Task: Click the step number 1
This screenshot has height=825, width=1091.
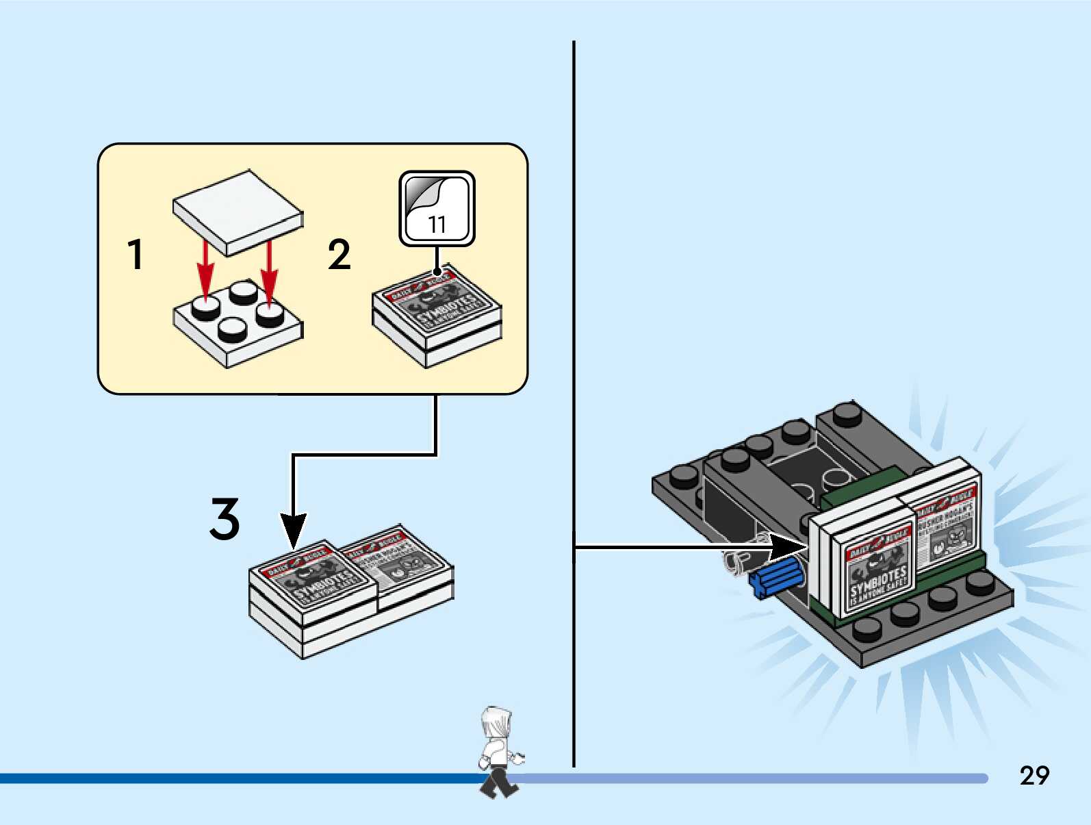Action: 136,254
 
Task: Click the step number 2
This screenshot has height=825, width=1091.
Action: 339,254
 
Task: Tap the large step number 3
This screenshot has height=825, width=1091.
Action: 224,518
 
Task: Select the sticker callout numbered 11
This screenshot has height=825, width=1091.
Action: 437,209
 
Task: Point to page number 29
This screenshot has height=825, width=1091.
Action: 1034,775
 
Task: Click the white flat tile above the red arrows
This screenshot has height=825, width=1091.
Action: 238,212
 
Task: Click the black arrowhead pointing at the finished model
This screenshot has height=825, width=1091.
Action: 787,546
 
